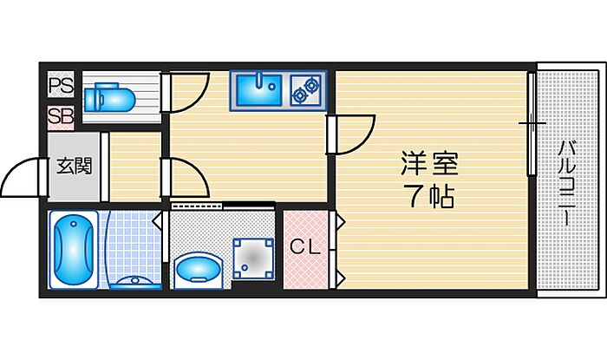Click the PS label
[x=61, y=86]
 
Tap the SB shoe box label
[x=61, y=115]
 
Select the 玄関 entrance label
[x=75, y=166]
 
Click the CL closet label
[x=305, y=246]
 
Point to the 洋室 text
[x=429, y=164]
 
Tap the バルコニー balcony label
[x=567, y=184]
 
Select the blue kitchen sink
[x=259, y=90]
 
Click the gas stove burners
[x=306, y=90]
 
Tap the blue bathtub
[x=73, y=250]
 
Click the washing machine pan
[x=253, y=259]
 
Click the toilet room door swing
[x=189, y=93]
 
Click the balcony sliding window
[x=532, y=123]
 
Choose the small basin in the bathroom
[x=135, y=283]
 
